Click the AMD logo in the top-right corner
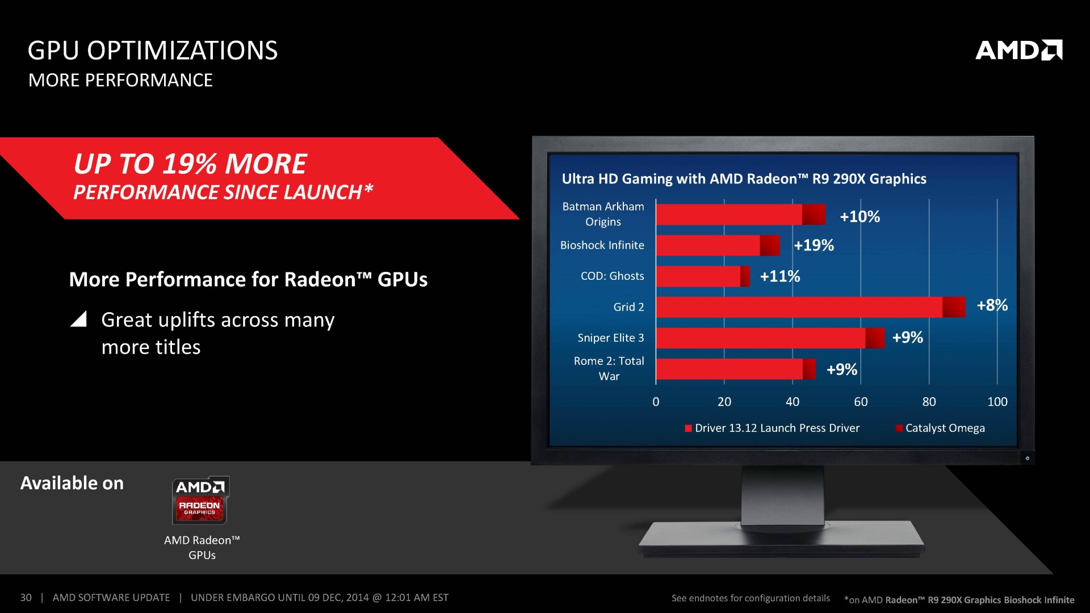[x=1019, y=50]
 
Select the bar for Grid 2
[x=811, y=307]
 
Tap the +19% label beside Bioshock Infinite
[x=814, y=245]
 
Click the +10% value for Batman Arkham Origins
[x=860, y=216]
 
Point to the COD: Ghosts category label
[x=612, y=276]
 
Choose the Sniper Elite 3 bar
[x=770, y=338]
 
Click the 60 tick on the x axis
[x=861, y=402]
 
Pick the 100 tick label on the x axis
[x=997, y=402]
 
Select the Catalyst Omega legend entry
[x=940, y=428]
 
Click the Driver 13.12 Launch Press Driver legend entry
[x=772, y=428]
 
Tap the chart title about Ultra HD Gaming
[x=744, y=179]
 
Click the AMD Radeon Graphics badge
[x=200, y=500]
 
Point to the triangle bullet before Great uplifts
[x=78, y=319]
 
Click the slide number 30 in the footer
[x=26, y=598]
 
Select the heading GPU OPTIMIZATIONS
[x=153, y=51]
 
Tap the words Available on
[x=72, y=483]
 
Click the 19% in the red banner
[x=190, y=164]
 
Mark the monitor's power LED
[x=1027, y=458]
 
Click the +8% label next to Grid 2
[x=992, y=305]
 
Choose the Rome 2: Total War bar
[x=736, y=369]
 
